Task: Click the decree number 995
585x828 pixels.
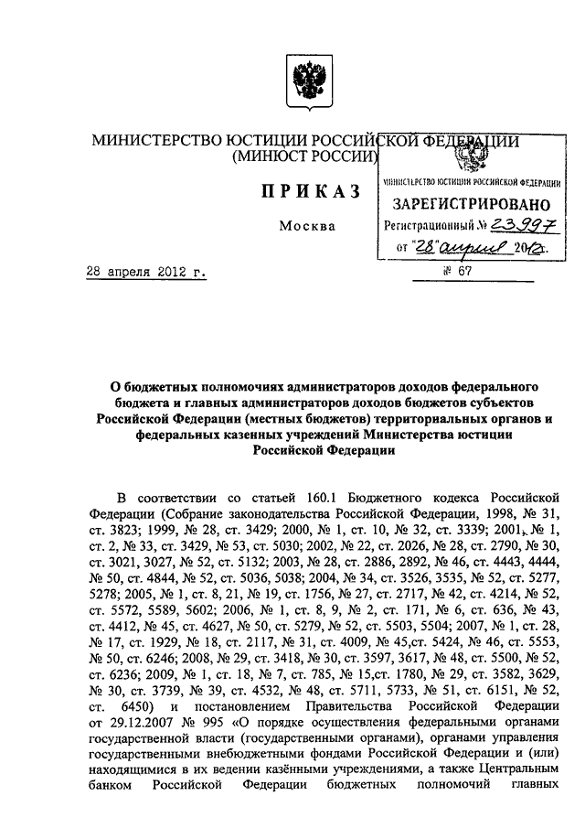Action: tap(182, 728)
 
